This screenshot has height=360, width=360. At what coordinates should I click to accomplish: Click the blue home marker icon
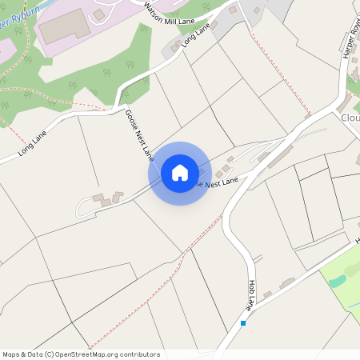[x=179, y=172]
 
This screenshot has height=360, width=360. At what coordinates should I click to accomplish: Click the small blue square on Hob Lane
[x=243, y=323]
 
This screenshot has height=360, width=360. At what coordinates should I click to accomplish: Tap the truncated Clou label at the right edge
[x=351, y=118]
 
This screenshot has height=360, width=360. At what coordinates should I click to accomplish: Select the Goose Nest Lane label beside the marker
[x=216, y=183]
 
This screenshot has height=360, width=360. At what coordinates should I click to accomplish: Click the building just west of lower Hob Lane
[x=287, y=282]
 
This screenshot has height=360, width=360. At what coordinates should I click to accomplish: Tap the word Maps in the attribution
[x=12, y=354]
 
